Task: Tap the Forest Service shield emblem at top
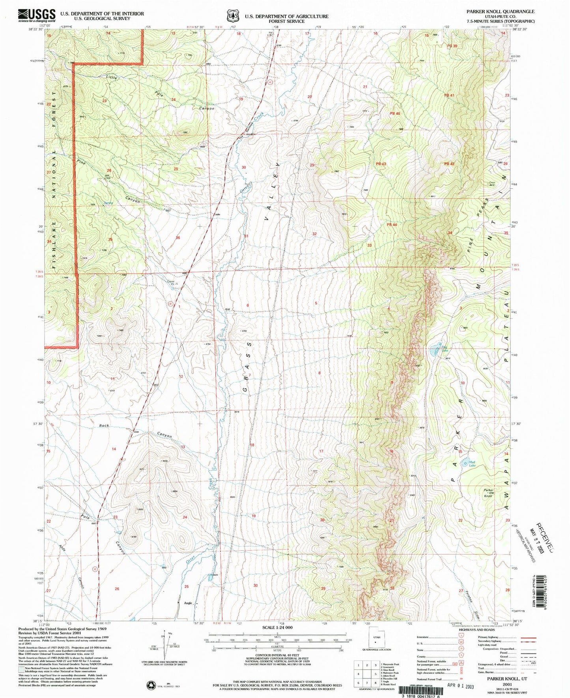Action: click(232, 16)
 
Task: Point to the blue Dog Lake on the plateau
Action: click(434, 352)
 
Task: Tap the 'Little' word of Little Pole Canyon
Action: click(112, 78)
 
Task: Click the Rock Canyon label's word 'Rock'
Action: click(104, 426)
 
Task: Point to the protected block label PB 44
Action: click(392, 225)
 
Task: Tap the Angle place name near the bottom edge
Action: click(188, 603)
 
